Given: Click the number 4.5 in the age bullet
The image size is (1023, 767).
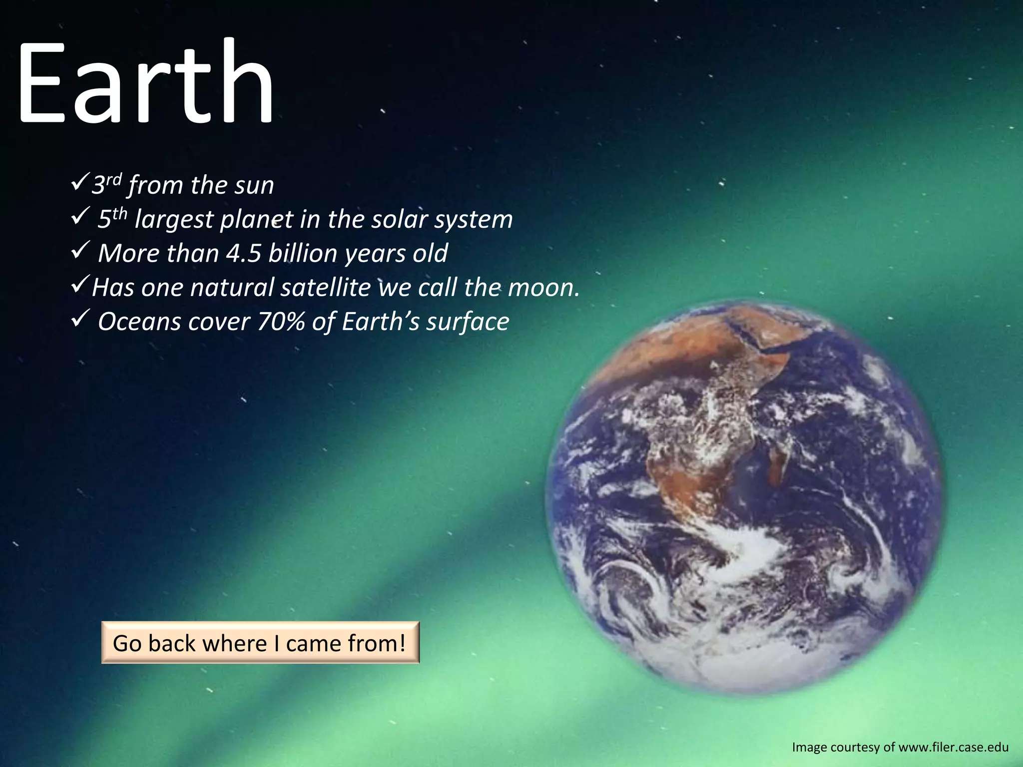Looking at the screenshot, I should (x=244, y=253).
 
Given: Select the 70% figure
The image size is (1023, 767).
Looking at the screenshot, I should (x=281, y=322).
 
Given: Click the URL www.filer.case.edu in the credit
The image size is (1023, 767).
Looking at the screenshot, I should (x=953, y=748).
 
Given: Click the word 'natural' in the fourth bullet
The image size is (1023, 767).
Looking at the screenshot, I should (x=232, y=288).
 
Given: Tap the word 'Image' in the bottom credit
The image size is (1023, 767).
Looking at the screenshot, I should (x=809, y=748).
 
